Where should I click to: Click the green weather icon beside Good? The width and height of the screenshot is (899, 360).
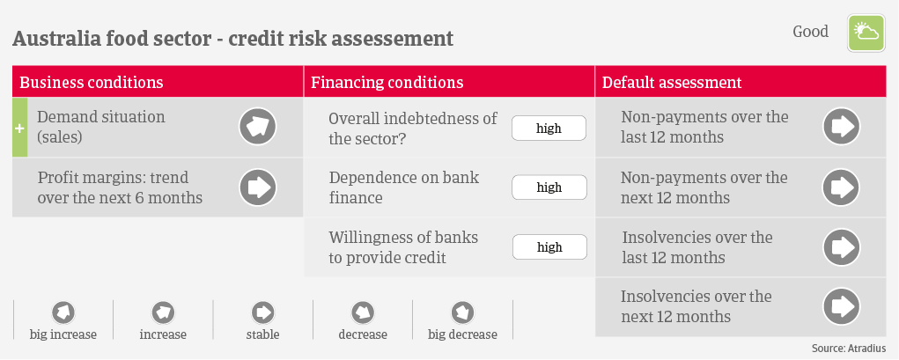click(866, 33)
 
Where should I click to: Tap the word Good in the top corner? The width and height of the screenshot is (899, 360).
click(810, 32)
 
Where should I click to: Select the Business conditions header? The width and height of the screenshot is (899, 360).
click(92, 82)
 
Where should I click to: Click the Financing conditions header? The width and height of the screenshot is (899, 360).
click(387, 82)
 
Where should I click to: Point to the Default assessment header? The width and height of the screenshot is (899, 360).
click(672, 82)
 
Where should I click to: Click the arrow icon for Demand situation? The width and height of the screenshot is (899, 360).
click(257, 127)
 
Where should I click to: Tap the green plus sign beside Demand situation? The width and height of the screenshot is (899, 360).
click(19, 128)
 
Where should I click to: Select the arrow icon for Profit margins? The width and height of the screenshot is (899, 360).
click(257, 187)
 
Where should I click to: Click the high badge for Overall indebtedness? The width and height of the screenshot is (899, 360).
click(549, 128)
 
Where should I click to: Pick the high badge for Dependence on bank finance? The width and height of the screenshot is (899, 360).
click(549, 187)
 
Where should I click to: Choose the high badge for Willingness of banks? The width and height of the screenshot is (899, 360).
click(549, 247)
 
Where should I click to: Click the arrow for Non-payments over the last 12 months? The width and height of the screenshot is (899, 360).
click(842, 127)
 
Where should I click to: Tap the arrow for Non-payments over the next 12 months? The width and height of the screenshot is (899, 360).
click(842, 187)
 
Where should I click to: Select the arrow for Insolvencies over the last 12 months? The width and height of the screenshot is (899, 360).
click(842, 247)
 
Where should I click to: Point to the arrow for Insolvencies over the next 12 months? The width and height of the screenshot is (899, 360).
click(842, 306)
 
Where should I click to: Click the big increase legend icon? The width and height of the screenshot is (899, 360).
click(63, 313)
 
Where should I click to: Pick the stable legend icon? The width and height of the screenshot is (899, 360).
click(262, 313)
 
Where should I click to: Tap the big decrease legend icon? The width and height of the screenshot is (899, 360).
click(462, 313)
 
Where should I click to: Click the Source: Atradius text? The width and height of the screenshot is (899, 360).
click(849, 349)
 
